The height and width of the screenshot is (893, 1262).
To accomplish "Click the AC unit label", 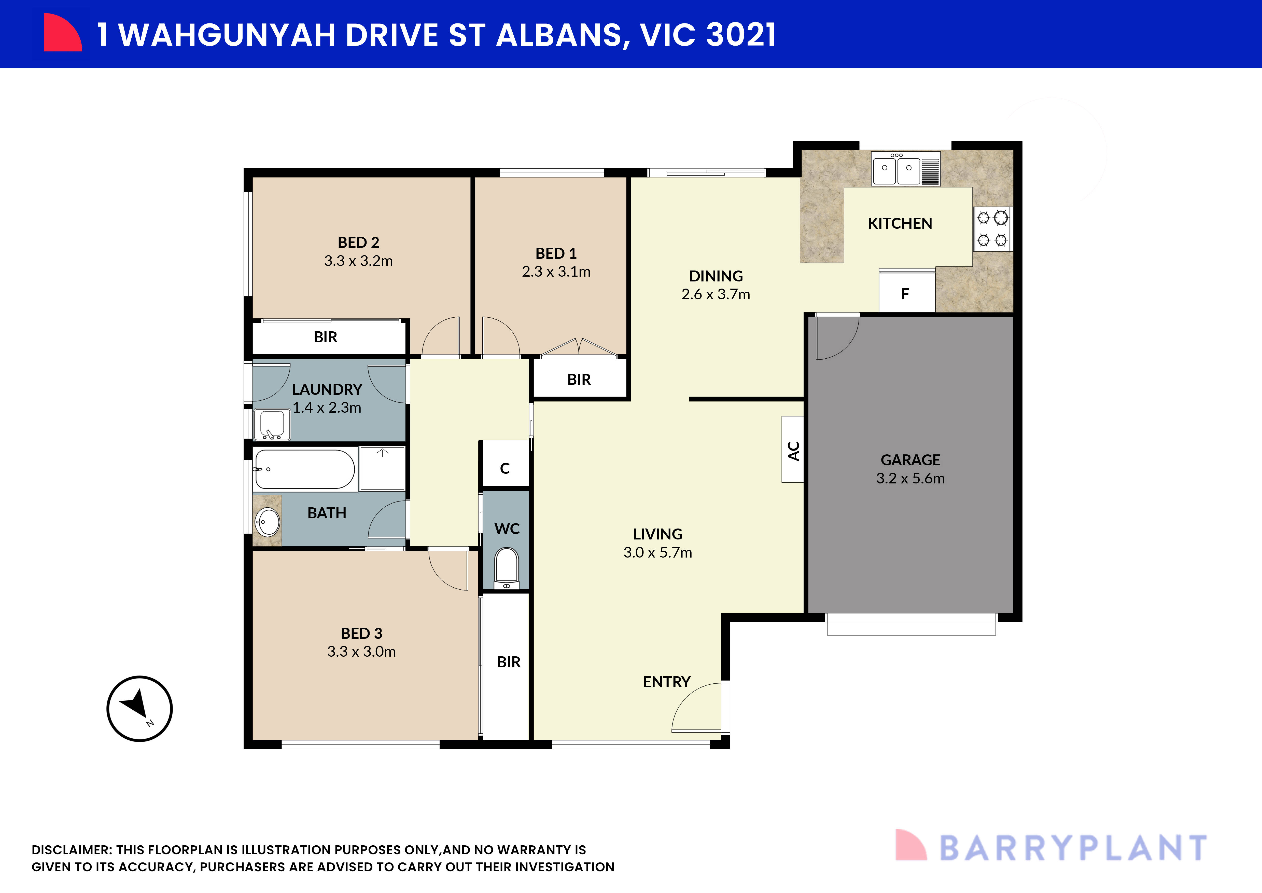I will pyautogui.click(x=793, y=450).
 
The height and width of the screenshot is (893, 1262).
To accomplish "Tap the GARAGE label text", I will pyautogui.click(x=910, y=460).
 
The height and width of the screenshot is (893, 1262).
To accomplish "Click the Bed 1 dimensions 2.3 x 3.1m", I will pyautogui.click(x=556, y=272).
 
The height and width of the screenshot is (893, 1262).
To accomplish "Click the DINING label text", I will pyautogui.click(x=716, y=276).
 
